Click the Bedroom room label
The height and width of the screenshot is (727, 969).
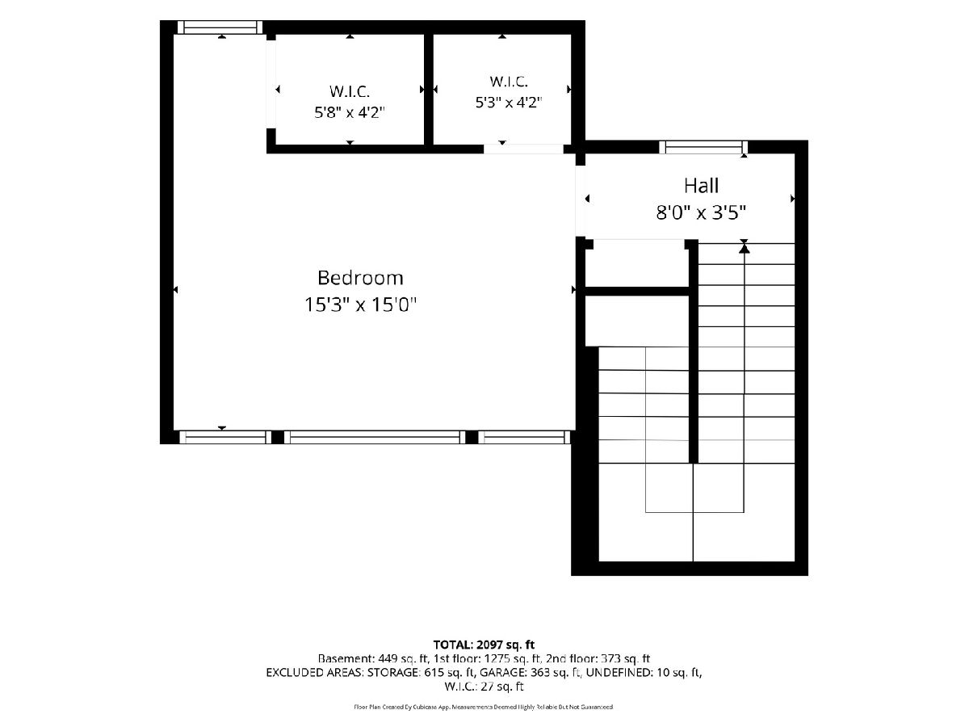point(360,278)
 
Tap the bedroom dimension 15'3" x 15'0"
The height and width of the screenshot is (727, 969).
point(360,305)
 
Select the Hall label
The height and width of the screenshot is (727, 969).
point(701,186)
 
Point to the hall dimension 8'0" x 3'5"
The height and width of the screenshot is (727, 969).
point(701,212)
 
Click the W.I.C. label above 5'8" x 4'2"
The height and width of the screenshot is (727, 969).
point(349,92)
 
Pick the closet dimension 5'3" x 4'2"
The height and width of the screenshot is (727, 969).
point(509,103)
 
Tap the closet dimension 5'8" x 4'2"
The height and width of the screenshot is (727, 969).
point(349,112)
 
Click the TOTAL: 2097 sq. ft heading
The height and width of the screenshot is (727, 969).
point(484,645)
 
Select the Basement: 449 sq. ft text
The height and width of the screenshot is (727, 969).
point(374,659)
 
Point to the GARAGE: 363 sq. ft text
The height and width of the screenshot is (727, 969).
point(530,673)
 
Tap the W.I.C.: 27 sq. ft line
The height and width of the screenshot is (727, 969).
point(484,687)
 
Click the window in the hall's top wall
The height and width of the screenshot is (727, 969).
point(703,147)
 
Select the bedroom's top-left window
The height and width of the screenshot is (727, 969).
point(220,27)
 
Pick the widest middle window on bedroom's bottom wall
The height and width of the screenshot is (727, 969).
point(375,437)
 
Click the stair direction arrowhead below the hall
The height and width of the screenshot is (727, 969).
point(745,249)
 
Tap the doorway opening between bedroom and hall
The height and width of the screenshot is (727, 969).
point(580,201)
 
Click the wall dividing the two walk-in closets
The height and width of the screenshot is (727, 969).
point(428,89)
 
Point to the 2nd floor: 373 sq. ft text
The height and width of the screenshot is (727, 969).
point(598,659)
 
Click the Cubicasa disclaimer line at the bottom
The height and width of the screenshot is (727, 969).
point(484,707)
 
